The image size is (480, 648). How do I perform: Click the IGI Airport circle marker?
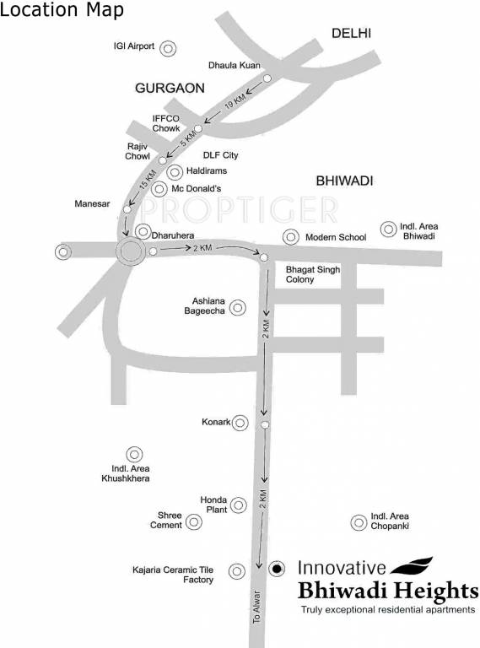pos(168,48)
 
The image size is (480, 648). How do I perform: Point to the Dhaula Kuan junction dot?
pos(267,78)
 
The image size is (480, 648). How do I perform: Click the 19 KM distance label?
pos(236,105)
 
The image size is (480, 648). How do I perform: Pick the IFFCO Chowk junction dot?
pos(199,128)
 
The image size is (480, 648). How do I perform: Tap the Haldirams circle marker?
pos(175,172)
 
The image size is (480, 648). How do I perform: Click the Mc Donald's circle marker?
pos(159,189)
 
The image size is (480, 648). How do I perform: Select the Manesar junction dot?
pos(127,208)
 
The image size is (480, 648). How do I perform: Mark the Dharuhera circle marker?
pos(143,231)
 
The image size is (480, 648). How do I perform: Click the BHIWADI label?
pos(344,181)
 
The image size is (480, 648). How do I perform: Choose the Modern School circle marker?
pos(291,237)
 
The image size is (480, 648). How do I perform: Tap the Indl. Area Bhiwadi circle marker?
pos(388,229)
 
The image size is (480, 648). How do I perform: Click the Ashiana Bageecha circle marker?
pos(239,308)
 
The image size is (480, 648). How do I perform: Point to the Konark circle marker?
pos(240,422)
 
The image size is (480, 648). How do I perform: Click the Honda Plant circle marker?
pos(240,505)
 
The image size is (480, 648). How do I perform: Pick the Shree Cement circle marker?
pos(195,522)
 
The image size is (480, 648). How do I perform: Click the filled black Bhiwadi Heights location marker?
pos(276,570)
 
